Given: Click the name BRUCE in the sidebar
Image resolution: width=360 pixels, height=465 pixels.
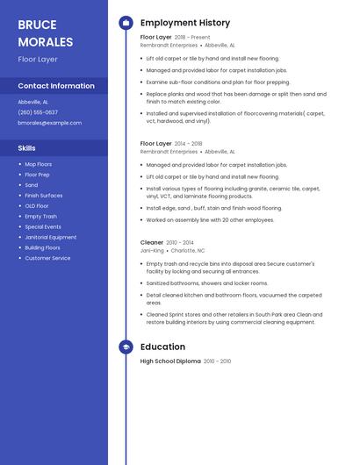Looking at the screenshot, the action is [37, 25].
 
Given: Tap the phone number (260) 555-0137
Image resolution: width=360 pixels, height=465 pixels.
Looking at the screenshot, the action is [38, 112].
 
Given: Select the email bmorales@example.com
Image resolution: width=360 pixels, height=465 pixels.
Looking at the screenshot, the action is [49, 123].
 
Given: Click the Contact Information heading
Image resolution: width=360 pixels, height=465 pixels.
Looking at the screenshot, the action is [56, 86].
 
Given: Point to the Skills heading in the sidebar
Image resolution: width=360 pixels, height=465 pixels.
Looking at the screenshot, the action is [27, 148].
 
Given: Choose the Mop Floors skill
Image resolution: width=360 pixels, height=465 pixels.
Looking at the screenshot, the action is [38, 164].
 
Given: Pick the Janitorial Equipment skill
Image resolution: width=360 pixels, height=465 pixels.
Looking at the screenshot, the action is [50, 237].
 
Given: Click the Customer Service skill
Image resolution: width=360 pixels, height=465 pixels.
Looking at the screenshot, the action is [47, 258].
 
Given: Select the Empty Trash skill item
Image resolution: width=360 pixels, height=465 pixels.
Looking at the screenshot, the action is [40, 216].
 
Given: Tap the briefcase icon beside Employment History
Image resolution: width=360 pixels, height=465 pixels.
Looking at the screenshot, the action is [126, 23].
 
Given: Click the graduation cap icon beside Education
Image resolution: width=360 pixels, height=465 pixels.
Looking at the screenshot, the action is [126, 347].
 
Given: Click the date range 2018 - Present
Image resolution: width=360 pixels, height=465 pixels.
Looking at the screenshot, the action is [192, 38].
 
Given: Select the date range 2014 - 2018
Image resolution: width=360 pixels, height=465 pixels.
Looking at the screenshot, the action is [188, 143].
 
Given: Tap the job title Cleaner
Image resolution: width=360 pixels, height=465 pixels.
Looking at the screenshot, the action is [152, 242].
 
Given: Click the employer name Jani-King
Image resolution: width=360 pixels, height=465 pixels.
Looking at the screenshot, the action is [152, 250].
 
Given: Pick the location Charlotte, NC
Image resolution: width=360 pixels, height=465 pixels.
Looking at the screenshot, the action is [188, 250].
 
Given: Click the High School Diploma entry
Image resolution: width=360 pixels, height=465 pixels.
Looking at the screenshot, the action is [170, 361].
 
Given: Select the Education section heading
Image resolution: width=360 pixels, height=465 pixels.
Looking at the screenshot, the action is [162, 347].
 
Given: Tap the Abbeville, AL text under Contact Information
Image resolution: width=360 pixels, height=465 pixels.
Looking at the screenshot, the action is [33, 102].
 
